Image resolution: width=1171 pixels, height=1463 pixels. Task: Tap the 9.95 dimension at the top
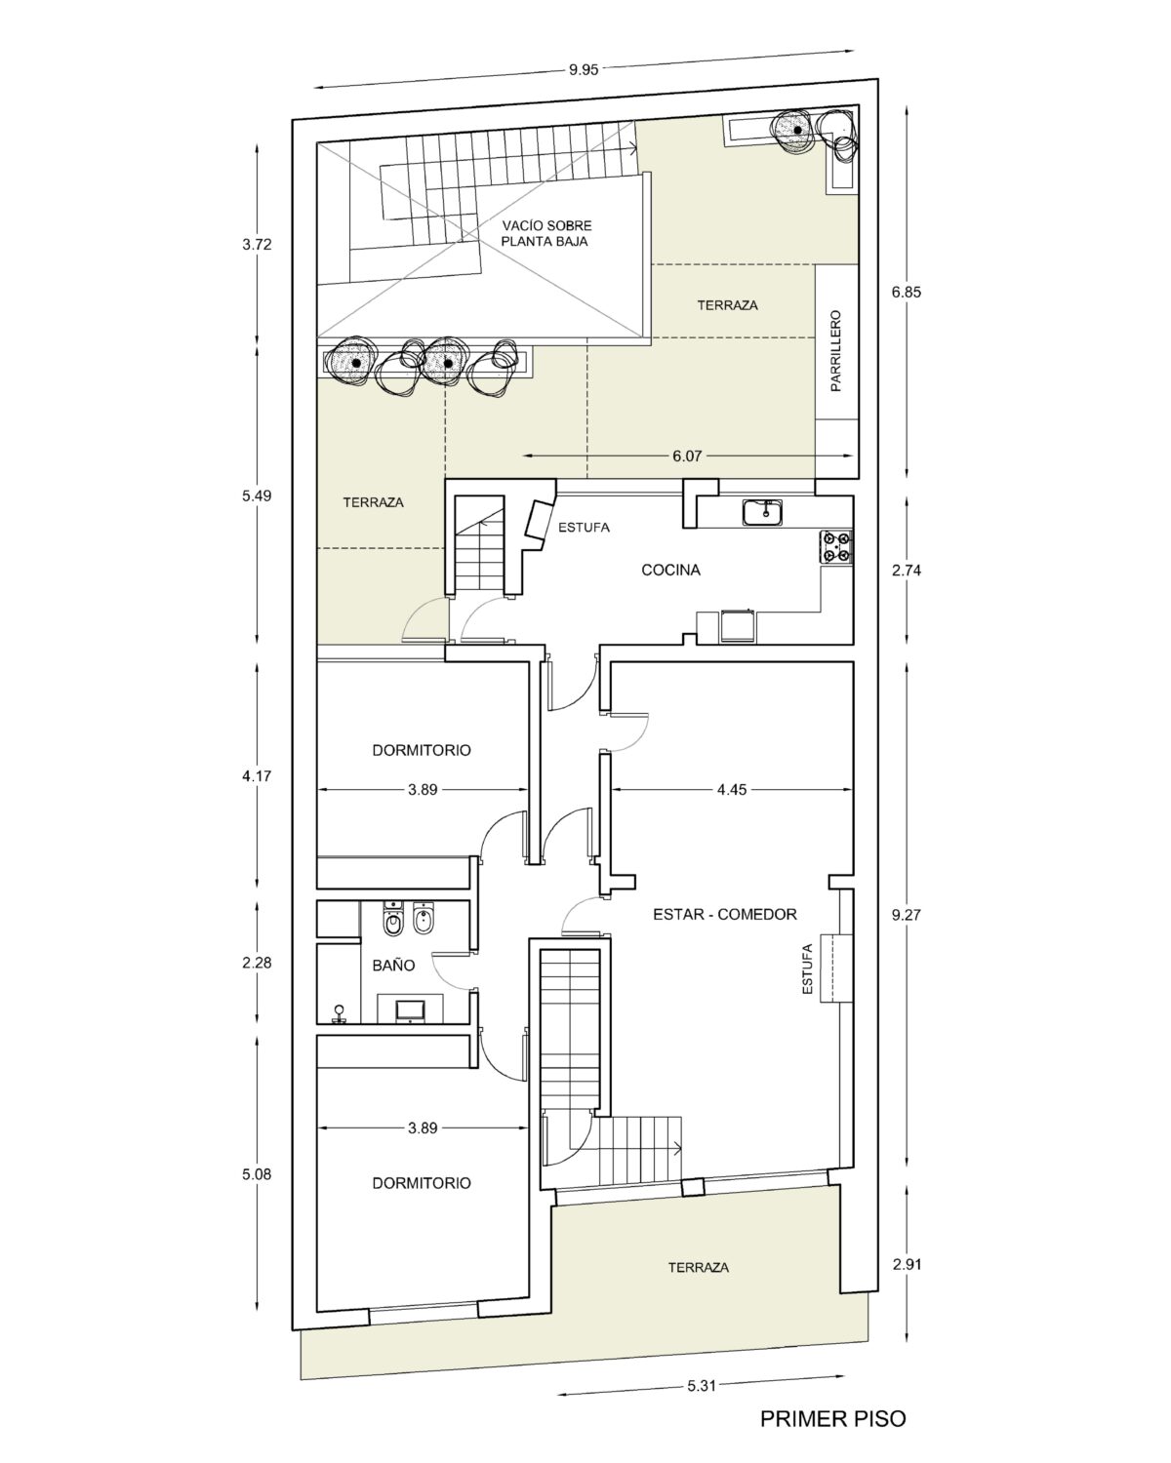tap(584, 69)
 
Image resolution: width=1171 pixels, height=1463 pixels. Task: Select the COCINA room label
tap(670, 570)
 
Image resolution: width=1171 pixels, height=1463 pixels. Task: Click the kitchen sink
tap(762, 513)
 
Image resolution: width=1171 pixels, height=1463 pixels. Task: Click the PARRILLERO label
tap(835, 351)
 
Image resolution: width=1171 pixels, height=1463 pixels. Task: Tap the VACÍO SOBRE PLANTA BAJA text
tap(546, 233)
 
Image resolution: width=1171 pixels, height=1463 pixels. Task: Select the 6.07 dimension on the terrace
tap(687, 456)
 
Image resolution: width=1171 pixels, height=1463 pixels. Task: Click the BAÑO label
tap(393, 965)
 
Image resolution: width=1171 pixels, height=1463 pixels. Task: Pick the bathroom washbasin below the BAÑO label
tap(410, 1010)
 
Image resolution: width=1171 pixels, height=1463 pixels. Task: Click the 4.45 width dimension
tap(732, 789)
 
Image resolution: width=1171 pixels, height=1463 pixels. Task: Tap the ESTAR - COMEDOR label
tap(725, 915)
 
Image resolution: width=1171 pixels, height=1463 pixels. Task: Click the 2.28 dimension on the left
tap(257, 963)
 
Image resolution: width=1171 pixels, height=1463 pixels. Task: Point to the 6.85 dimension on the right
tap(907, 292)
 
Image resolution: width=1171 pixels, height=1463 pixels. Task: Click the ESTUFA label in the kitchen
tap(584, 527)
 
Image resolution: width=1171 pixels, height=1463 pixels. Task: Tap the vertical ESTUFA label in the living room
tap(808, 969)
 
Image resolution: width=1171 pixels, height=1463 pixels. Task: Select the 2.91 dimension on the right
tap(907, 1264)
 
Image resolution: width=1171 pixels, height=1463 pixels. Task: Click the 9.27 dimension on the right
tap(907, 915)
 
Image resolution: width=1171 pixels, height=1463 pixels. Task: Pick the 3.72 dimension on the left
tap(257, 245)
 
